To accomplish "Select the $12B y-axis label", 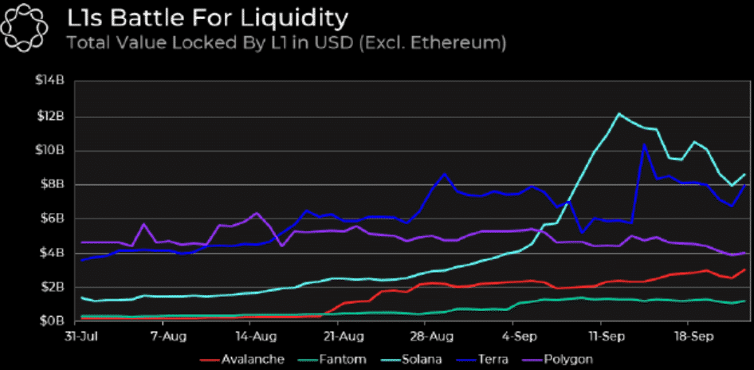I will point(48,116).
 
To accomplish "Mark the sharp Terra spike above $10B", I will point(643,144).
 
